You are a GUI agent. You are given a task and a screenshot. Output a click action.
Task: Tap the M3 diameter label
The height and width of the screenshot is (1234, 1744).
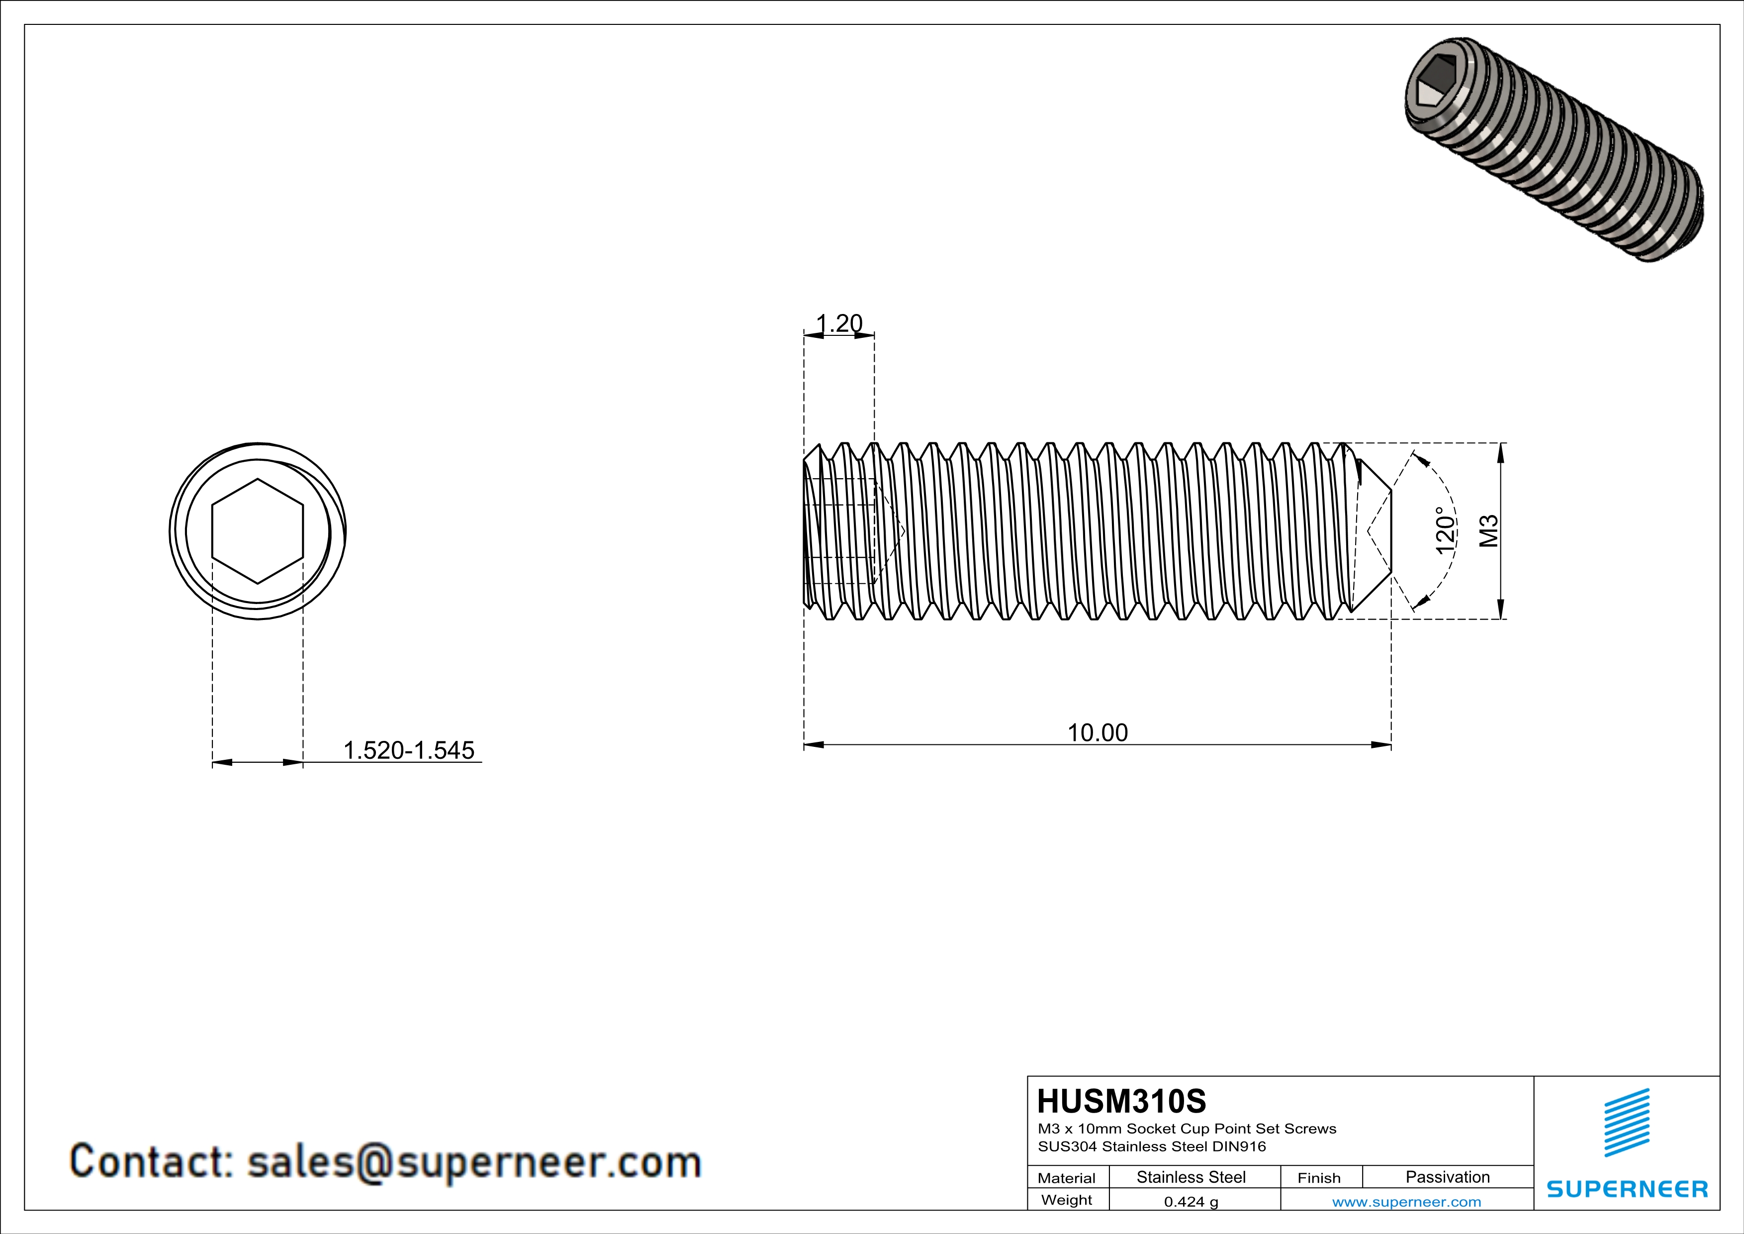pyautogui.click(x=1489, y=531)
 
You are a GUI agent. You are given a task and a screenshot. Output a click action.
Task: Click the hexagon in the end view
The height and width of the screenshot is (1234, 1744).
pyautogui.click(x=258, y=531)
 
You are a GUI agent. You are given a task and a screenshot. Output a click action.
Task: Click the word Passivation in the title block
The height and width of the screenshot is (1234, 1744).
pyautogui.click(x=1447, y=1177)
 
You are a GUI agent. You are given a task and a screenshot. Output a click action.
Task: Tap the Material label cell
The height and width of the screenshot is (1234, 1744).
pyautogui.click(x=1067, y=1178)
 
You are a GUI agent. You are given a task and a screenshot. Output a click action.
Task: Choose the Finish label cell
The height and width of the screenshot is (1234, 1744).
pyautogui.click(x=1319, y=1178)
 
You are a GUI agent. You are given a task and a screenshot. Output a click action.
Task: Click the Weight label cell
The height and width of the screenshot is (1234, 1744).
pyautogui.click(x=1067, y=1200)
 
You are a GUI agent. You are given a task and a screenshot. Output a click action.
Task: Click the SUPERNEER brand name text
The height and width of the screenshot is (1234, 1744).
pyautogui.click(x=1627, y=1189)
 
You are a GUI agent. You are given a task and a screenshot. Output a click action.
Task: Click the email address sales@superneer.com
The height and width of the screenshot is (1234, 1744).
pyautogui.click(x=474, y=1162)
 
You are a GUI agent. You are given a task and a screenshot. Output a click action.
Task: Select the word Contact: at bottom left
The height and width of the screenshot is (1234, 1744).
pyautogui.click(x=151, y=1162)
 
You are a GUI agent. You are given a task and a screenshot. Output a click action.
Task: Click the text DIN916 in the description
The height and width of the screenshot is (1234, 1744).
pyautogui.click(x=1238, y=1146)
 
